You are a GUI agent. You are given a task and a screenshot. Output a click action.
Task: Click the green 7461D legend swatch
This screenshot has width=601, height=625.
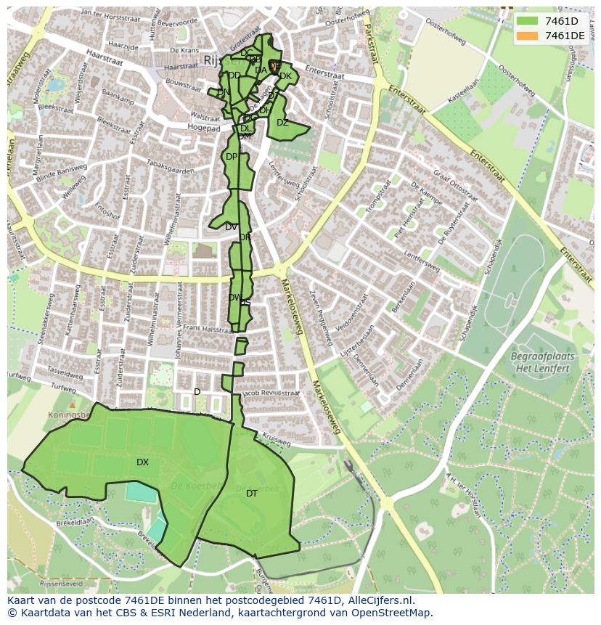(x=527, y=20)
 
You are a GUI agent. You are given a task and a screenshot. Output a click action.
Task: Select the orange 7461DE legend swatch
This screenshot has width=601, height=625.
(x=527, y=36)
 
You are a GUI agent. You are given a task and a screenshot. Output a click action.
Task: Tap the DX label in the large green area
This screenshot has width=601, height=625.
(x=142, y=462)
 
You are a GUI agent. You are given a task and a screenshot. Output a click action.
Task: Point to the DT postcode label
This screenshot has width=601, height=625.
(x=251, y=494)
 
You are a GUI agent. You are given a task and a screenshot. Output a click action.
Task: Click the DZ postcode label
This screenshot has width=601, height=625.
(x=282, y=123)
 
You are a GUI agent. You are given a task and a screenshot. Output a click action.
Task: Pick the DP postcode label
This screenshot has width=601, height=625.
(x=231, y=157)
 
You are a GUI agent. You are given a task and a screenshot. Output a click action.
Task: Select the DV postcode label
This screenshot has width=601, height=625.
(x=231, y=227)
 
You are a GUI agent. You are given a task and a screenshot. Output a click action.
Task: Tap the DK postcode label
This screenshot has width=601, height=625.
(x=285, y=76)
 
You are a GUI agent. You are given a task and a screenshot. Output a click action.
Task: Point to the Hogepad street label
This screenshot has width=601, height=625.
(x=203, y=128)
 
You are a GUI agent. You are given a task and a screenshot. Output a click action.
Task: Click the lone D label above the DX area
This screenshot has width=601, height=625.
(x=197, y=392)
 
